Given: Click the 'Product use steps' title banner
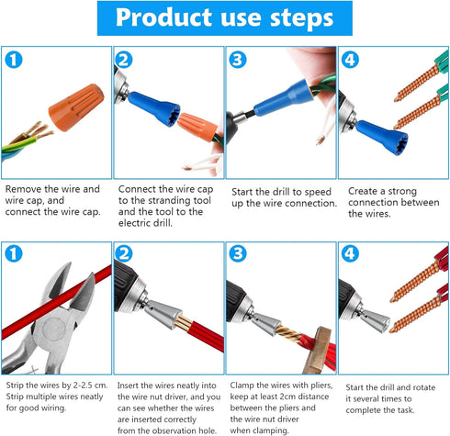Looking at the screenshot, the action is tap(225, 18).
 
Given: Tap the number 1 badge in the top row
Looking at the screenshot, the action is tap(14, 60).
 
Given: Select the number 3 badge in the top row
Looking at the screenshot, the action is tap(238, 60).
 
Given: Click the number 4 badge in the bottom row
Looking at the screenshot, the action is tap(350, 253).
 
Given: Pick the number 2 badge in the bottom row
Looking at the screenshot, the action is tap(124, 253).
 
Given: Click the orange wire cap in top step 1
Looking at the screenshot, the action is tap(76, 107).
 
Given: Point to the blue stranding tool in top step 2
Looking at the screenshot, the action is tap(154, 108).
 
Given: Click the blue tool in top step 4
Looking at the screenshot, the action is tap(382, 137).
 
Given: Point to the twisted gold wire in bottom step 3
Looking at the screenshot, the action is tap(288, 333).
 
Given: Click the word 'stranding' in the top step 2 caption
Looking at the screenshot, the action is tap(182, 200).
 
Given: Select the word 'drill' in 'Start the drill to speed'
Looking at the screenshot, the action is tap(281, 192).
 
